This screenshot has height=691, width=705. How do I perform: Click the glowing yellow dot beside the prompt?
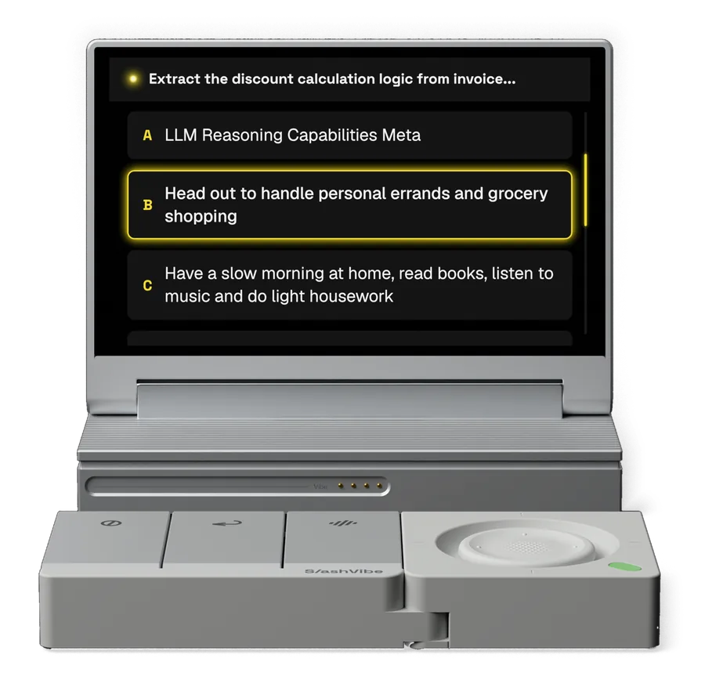click(x=133, y=79)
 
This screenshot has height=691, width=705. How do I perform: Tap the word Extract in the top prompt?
click(x=175, y=79)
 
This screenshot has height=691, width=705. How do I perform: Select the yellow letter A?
click(x=147, y=136)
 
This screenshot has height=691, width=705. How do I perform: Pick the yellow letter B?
click(x=147, y=205)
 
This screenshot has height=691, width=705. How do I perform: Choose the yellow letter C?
click(x=147, y=285)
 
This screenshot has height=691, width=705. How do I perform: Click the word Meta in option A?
click(x=401, y=136)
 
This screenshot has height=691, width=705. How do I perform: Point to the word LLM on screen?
click(x=181, y=136)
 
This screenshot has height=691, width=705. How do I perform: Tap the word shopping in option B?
click(x=201, y=217)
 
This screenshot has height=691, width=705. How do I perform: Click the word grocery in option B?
click(x=518, y=194)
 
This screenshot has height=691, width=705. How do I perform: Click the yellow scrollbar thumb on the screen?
click(x=585, y=190)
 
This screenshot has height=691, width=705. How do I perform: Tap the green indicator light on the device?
click(x=625, y=566)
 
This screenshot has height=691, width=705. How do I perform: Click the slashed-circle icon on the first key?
click(x=111, y=523)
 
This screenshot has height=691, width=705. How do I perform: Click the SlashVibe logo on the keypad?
click(x=344, y=571)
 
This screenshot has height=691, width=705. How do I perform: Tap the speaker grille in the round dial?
click(x=527, y=547)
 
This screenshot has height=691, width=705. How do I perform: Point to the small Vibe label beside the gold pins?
click(x=320, y=487)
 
